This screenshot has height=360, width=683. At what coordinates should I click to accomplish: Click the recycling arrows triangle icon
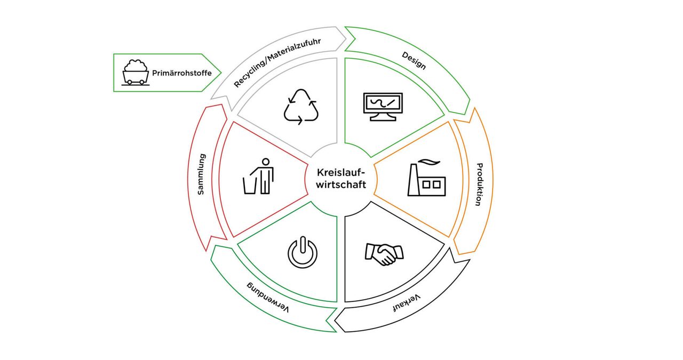point(301,107)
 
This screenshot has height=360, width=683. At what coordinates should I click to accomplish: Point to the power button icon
point(302,253)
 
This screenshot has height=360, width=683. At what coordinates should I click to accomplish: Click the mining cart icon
point(134,72)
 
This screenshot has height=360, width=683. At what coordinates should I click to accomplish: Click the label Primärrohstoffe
point(181,73)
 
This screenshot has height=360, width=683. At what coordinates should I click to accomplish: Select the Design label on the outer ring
point(414,60)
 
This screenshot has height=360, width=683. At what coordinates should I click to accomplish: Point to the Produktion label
point(479,184)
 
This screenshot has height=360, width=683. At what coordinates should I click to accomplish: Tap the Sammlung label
point(201,174)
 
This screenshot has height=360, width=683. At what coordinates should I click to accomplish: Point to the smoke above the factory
point(426,161)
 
